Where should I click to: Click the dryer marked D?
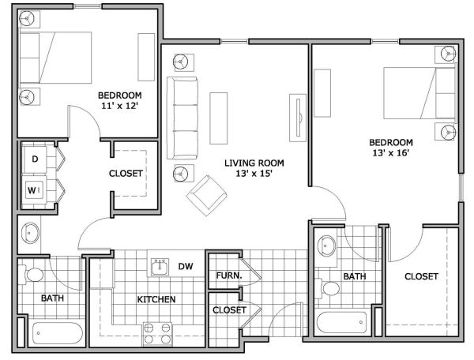35,159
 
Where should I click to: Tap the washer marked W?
35,190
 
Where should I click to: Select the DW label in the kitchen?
186,266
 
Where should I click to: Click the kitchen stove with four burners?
157,334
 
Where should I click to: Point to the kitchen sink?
160,267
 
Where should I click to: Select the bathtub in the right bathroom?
341,322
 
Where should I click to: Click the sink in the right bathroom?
326,246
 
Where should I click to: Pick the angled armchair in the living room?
207,196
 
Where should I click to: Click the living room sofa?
182,118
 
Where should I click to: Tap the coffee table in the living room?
219,118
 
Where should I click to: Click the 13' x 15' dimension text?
254,174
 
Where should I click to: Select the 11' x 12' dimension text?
120,106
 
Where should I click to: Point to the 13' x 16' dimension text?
391,153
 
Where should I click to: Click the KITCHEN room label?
156,299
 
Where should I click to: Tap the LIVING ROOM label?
254,163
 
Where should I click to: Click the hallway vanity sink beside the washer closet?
30,233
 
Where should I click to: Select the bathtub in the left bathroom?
57,333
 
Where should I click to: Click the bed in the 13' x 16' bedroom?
419,93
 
